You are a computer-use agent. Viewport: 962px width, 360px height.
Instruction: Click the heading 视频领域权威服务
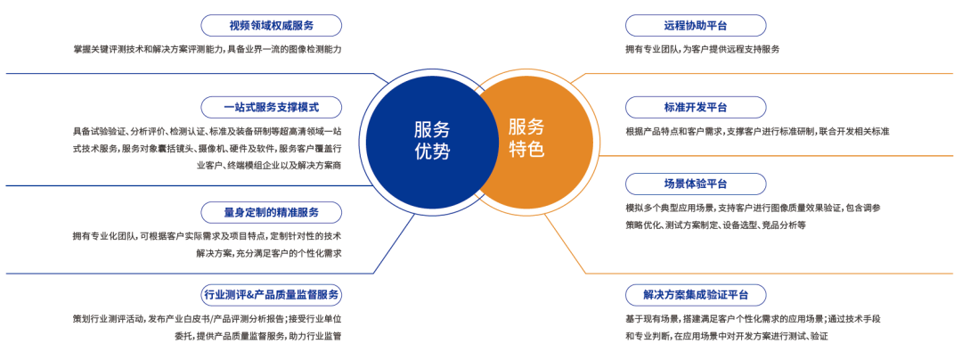(271, 26)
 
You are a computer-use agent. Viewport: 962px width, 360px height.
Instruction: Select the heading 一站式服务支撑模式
(271, 108)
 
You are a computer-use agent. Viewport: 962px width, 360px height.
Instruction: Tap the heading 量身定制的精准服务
(271, 213)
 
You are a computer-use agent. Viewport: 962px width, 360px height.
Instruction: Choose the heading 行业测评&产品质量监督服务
(271, 295)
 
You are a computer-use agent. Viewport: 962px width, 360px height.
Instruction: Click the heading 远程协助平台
(695, 26)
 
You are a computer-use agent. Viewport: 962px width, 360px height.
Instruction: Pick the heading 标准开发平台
(695, 108)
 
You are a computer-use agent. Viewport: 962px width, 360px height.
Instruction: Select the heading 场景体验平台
(695, 184)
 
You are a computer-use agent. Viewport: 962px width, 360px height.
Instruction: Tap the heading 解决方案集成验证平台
(695, 295)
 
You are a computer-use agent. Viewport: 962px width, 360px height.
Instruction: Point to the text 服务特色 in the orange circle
(526, 138)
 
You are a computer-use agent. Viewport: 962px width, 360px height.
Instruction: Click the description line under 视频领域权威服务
(207, 49)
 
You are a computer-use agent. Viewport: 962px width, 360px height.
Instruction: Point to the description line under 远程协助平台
(703, 49)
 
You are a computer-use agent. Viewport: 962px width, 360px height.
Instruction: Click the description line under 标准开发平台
(757, 131)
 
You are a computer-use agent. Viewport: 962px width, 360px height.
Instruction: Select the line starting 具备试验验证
(207, 131)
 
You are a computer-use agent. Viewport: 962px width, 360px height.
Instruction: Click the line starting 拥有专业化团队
(207, 236)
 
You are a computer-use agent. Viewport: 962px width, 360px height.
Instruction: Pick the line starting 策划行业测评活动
(207, 319)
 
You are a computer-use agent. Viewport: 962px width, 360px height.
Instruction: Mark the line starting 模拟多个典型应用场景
(754, 208)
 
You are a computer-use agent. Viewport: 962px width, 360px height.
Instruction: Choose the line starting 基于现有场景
(754, 319)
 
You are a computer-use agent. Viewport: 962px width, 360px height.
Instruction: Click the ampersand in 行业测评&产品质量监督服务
(249, 295)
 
